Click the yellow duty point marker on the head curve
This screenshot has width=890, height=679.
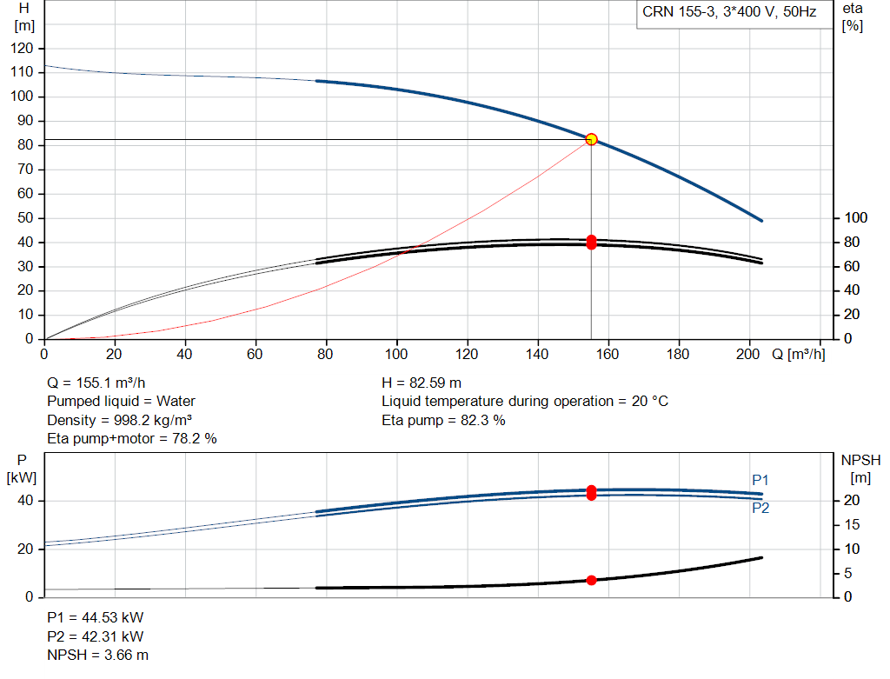591,139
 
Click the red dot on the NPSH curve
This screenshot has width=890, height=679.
591,580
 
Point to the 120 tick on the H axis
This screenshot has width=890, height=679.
22,49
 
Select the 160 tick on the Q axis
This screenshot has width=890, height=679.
608,354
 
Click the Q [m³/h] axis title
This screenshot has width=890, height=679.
799,354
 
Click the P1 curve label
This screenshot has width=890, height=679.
760,480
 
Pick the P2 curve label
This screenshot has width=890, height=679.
760,508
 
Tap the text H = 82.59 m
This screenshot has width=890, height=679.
422,383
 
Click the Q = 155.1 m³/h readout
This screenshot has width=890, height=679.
96,383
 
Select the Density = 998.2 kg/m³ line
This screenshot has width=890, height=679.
120,420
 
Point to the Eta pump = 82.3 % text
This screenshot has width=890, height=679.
443,420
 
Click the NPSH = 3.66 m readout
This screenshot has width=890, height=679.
97,656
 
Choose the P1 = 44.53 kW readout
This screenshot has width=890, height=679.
96,617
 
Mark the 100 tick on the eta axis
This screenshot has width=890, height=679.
856,218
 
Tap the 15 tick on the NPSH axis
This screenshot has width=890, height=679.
852,525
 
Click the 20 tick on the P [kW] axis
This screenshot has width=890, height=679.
25,549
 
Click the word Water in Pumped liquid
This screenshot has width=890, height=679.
176,402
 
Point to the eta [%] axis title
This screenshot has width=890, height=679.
853,17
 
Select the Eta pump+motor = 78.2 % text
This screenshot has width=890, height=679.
132,439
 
